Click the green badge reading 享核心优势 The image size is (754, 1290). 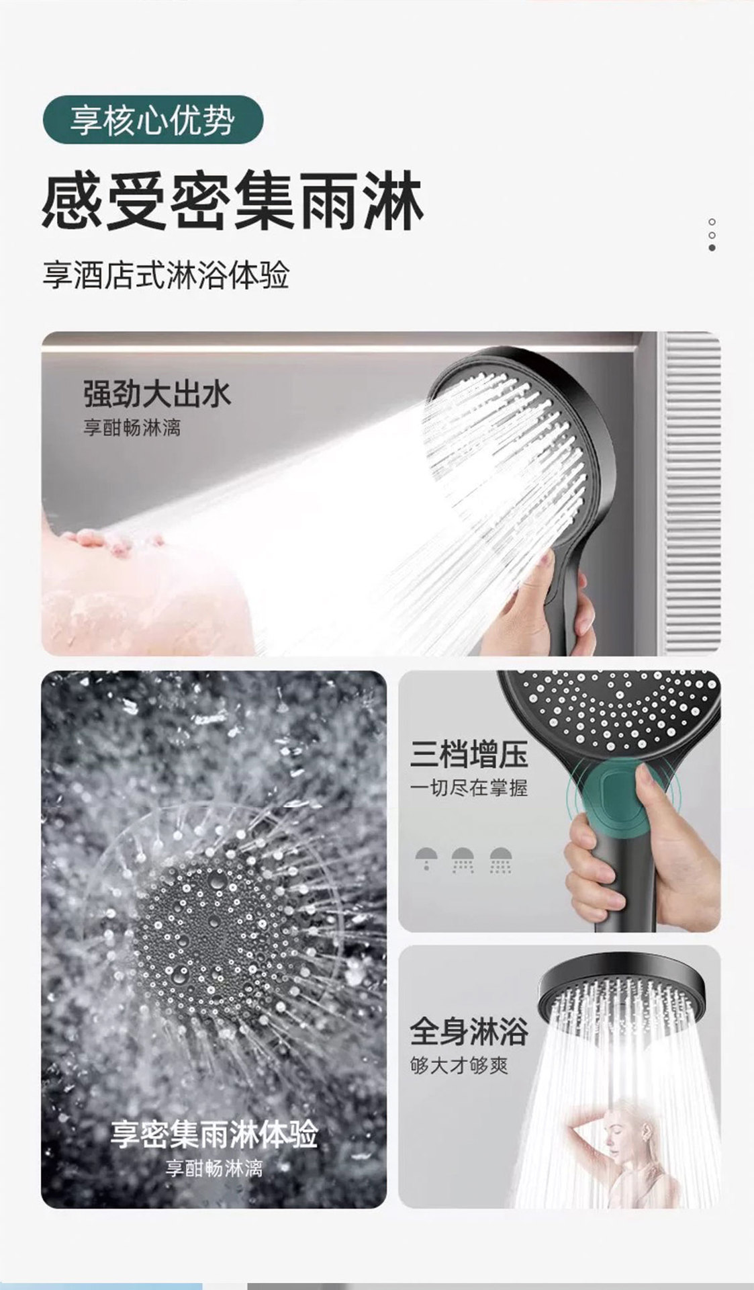click(x=152, y=122)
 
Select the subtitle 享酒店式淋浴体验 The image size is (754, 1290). click(x=166, y=276)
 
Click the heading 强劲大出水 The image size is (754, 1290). click(x=157, y=394)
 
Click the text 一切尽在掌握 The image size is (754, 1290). click(x=469, y=788)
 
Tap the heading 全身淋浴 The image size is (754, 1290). click(x=469, y=1032)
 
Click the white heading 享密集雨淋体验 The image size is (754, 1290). click(x=214, y=1135)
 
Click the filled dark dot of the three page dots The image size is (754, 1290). click(x=712, y=248)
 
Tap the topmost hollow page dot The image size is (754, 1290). click(x=712, y=222)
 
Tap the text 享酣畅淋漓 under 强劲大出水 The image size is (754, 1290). click(x=132, y=428)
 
